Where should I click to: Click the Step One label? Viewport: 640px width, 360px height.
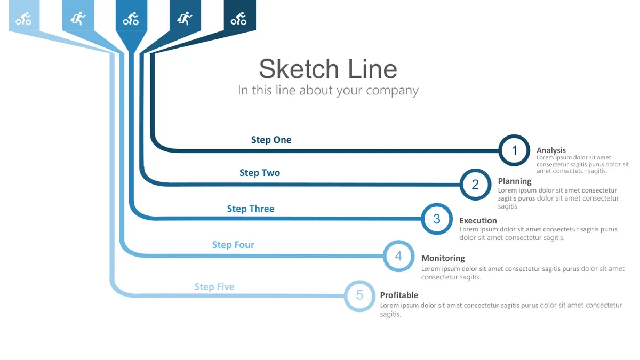pyautogui.click(x=271, y=140)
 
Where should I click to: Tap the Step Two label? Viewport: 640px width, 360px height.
pyautogui.click(x=260, y=173)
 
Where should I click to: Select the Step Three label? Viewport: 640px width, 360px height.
pyautogui.click(x=251, y=209)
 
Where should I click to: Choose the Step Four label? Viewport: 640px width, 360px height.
pyautogui.click(x=233, y=245)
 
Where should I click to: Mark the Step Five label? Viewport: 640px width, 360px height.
pyautogui.click(x=214, y=287)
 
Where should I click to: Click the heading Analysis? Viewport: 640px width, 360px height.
pyautogui.click(x=551, y=150)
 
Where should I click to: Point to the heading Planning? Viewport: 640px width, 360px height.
pyautogui.click(x=515, y=181)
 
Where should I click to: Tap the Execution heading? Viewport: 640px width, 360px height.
pyautogui.click(x=478, y=221)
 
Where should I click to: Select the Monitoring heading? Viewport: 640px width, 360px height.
pyautogui.click(x=443, y=258)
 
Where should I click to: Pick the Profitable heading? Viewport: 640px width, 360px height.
pyautogui.click(x=399, y=295)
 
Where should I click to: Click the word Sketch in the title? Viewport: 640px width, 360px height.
pyautogui.click(x=299, y=69)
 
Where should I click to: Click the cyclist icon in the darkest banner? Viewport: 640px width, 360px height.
pyautogui.click(x=238, y=19)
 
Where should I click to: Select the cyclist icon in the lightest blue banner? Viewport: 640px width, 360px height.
pyautogui.click(x=23, y=19)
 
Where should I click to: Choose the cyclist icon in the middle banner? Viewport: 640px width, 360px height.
pyautogui.click(x=131, y=19)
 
